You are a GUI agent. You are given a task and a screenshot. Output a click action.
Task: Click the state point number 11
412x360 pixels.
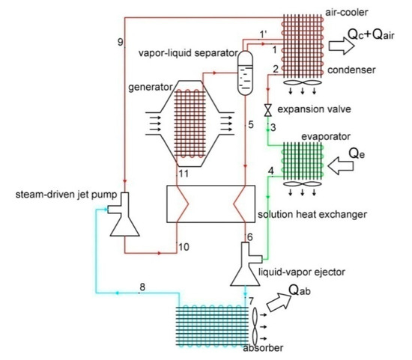(x=182, y=174)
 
